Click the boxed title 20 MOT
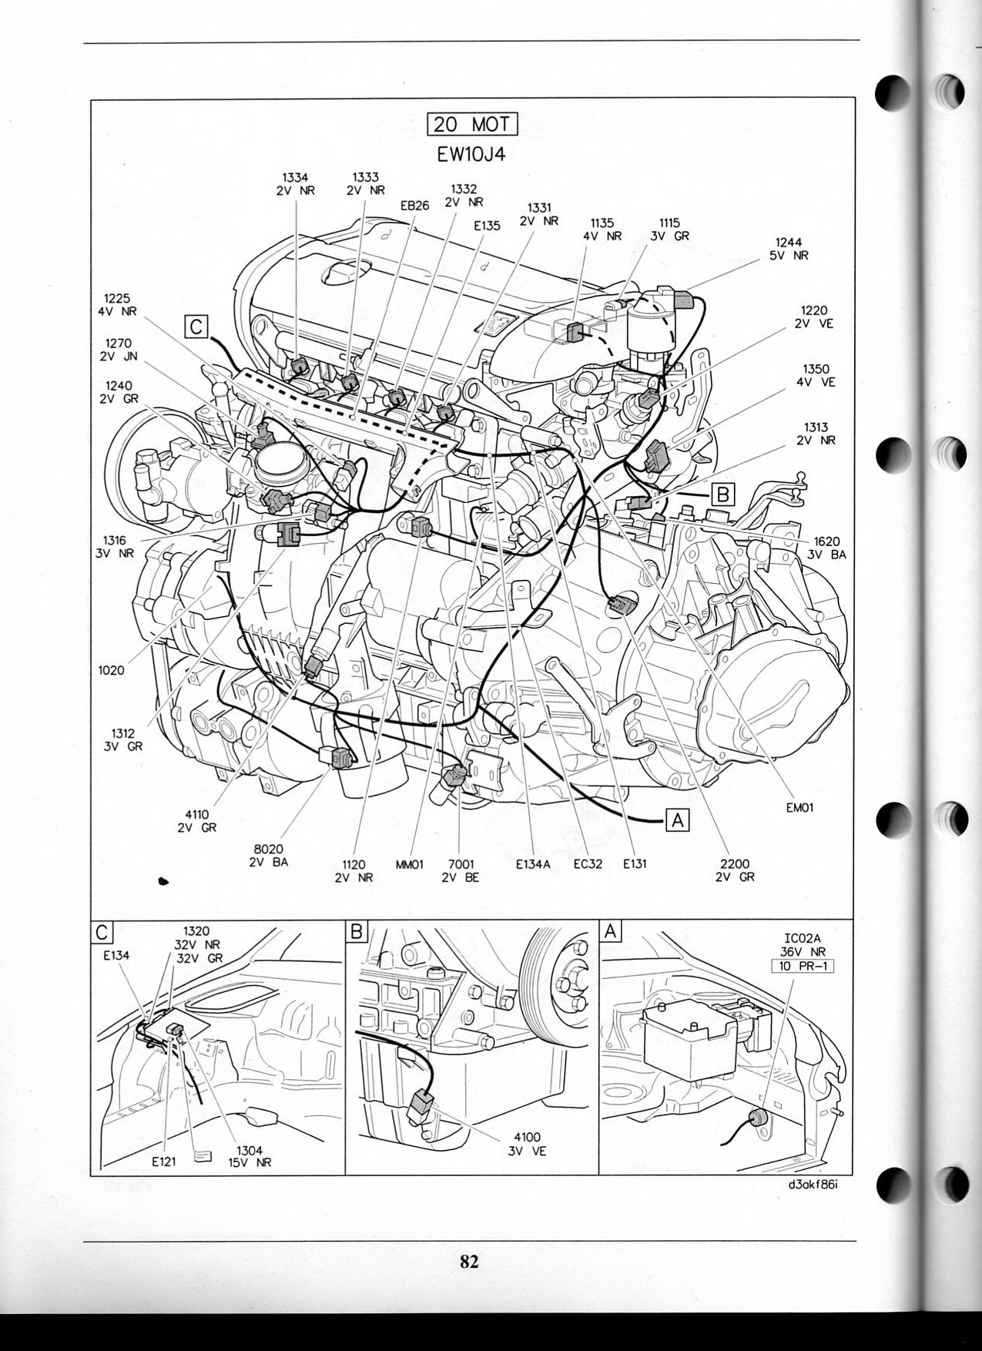[x=471, y=124]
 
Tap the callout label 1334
[x=296, y=178]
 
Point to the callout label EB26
[x=414, y=206]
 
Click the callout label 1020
[x=112, y=670]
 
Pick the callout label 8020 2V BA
[x=269, y=856]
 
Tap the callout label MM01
[x=410, y=864]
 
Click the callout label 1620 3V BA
[x=826, y=548]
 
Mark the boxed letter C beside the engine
[x=196, y=327]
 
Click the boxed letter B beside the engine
[x=722, y=494]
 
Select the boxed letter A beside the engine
[x=677, y=820]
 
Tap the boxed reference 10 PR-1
[x=803, y=966]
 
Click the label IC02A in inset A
[x=803, y=938]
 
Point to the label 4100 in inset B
[x=527, y=1137]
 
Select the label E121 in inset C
[x=164, y=1162]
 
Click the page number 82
[x=469, y=1261]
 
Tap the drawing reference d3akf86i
[x=808, y=1185]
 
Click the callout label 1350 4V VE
[x=816, y=376]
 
